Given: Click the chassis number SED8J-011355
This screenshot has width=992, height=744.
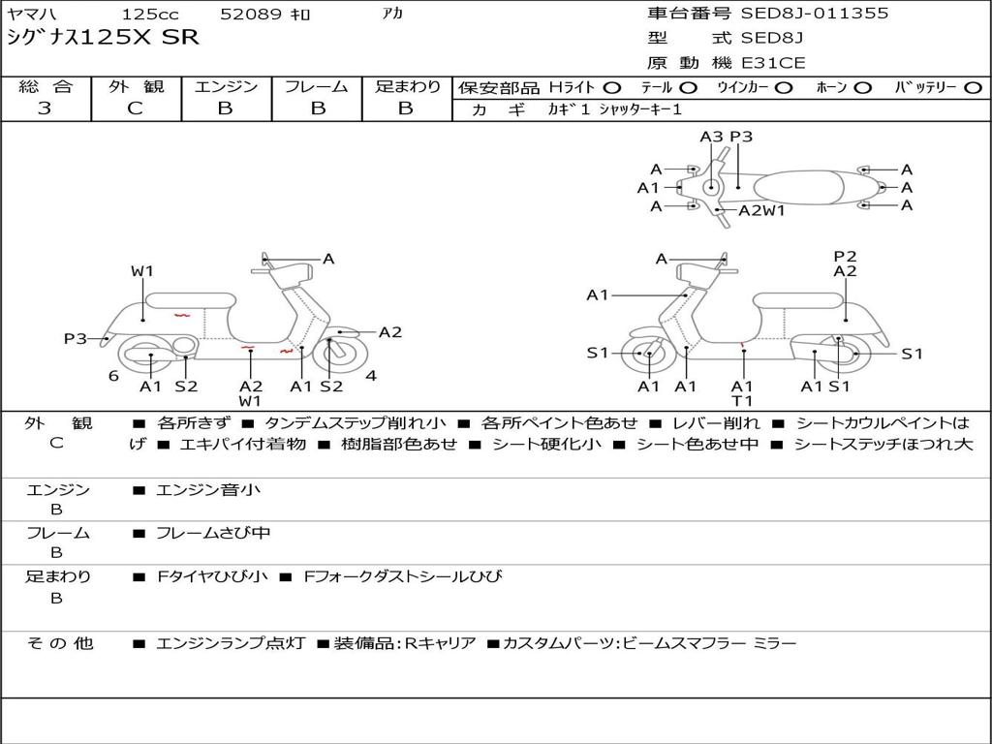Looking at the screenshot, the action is coord(814,13).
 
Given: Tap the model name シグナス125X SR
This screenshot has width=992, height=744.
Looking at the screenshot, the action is coord(103,38).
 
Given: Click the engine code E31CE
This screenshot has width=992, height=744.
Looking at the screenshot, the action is coord(773,63).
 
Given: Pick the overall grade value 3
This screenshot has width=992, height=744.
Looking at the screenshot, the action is coord(45,108).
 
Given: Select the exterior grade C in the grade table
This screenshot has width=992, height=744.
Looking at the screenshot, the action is coord(135,108).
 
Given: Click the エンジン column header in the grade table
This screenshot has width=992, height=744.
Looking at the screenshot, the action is coord(226,86).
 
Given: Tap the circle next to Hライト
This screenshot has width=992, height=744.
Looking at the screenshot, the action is coord(612,88).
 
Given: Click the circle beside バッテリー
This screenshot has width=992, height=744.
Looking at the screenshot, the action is coord(973,88).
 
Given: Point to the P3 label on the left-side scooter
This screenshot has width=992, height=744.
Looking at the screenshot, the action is coord(76,338).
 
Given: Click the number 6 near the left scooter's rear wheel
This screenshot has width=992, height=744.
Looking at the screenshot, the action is coord(113,376).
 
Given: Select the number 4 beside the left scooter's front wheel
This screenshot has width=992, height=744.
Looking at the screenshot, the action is coord(371,376).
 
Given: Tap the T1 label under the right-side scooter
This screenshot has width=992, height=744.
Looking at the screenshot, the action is coord(742,400).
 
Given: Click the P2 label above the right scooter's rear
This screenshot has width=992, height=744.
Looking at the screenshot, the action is coord(845,256).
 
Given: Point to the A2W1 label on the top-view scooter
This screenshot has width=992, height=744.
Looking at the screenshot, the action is coord(761,210).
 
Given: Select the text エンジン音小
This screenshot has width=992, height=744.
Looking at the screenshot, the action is coord(208,489).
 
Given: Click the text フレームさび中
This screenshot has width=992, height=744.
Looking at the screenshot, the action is coord(213,533).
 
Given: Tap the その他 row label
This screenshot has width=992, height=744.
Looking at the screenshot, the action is coord(59,643).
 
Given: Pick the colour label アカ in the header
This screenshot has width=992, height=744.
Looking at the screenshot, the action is coord(392,13).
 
